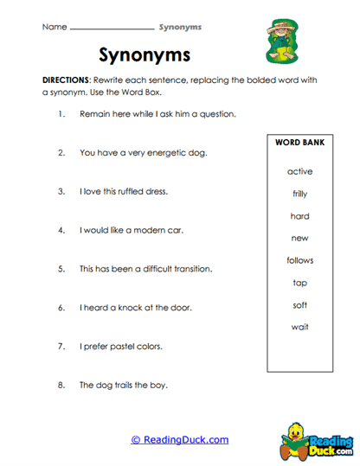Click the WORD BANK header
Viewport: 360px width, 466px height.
[299, 142]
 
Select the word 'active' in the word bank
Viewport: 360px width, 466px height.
[299, 171]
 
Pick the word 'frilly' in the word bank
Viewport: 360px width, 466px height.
[299, 194]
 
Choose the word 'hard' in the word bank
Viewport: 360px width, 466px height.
[299, 216]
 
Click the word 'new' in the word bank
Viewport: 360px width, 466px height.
[299, 238]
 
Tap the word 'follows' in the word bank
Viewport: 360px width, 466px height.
[299, 260]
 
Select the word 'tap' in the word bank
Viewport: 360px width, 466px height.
[299, 283]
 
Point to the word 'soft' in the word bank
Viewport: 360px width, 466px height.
[299, 304]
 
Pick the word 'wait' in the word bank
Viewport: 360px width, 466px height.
[299, 327]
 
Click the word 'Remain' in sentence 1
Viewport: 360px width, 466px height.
[93, 114]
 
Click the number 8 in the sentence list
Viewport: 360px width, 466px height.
[61, 385]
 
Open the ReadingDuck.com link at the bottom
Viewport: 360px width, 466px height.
[180, 439]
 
